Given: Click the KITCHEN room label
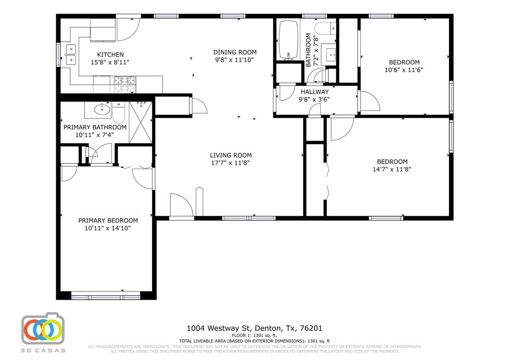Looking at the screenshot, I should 110,55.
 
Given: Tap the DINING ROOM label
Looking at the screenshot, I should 235,52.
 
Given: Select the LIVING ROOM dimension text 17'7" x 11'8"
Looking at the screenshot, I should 231,163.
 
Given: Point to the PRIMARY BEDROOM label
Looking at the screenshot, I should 108,221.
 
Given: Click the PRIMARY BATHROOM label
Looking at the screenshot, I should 95,127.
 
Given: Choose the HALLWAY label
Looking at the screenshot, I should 314,92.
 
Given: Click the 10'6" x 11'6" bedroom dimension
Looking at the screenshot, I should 404,70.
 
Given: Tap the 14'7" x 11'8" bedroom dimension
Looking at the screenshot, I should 392,169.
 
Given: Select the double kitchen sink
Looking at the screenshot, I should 71,54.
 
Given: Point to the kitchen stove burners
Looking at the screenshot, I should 122,80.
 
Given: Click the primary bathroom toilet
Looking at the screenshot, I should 118,113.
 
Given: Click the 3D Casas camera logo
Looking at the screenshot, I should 42,329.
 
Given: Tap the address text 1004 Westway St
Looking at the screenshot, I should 219,328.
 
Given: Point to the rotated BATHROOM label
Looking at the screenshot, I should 309,50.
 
